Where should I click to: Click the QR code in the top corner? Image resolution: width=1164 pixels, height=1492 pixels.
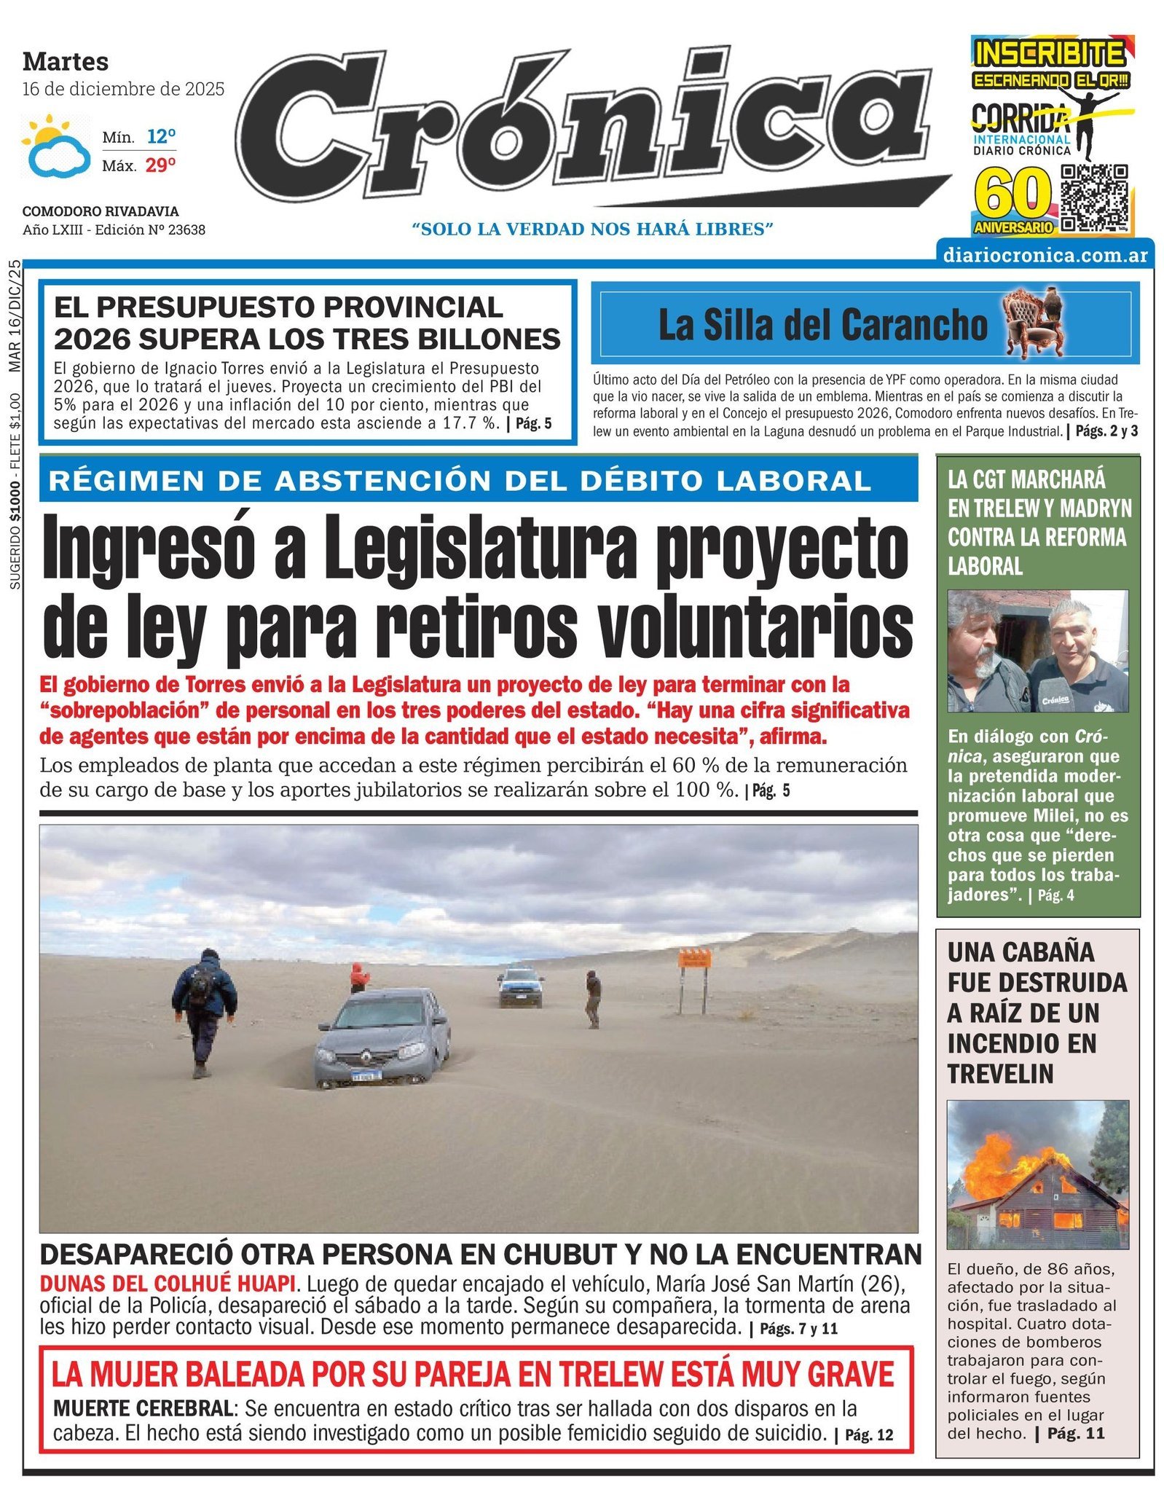coord(1093,197)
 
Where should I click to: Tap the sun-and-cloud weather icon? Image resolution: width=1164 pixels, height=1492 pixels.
coord(56,146)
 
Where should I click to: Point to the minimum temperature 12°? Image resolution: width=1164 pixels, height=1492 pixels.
coord(161,136)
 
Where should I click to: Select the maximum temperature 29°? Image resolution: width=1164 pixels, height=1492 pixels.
coord(160,165)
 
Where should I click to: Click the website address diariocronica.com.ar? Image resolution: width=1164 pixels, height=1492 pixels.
coord(1045,255)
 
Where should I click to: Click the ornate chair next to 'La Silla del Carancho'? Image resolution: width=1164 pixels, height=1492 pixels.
coord(1032,322)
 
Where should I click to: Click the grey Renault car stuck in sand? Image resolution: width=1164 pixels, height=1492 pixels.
coord(383,1037)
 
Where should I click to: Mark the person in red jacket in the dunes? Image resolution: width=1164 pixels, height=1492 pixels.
coord(358,976)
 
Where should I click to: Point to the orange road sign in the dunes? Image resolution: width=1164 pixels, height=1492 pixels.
coord(694,958)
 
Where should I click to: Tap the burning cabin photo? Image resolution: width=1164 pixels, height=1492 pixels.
coord(1037,1175)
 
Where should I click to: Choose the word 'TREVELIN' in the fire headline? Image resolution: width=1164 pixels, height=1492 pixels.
coord(1000,1074)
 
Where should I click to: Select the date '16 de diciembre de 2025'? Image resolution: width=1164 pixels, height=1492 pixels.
coord(123,89)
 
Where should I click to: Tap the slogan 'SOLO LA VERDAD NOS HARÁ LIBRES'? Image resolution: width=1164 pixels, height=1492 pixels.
coord(592,229)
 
